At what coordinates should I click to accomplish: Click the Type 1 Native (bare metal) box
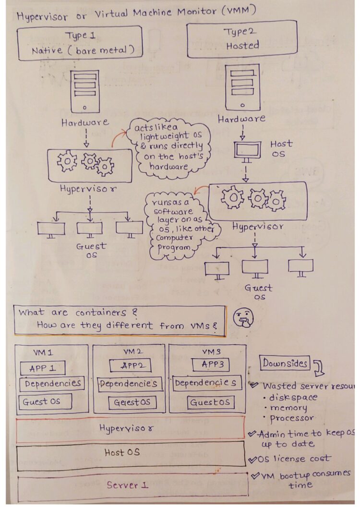point(80,43)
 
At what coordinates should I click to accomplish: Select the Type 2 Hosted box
point(241,39)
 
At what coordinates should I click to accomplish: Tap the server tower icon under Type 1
point(84,91)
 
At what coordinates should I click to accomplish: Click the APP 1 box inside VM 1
point(43,368)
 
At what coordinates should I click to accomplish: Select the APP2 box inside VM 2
point(130,365)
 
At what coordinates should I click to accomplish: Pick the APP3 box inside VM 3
point(210,364)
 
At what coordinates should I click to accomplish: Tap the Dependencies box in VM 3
point(205,383)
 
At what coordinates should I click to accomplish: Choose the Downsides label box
point(285,364)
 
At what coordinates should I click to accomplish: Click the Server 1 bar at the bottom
point(132,486)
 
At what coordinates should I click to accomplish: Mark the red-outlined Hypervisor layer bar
point(130,428)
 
